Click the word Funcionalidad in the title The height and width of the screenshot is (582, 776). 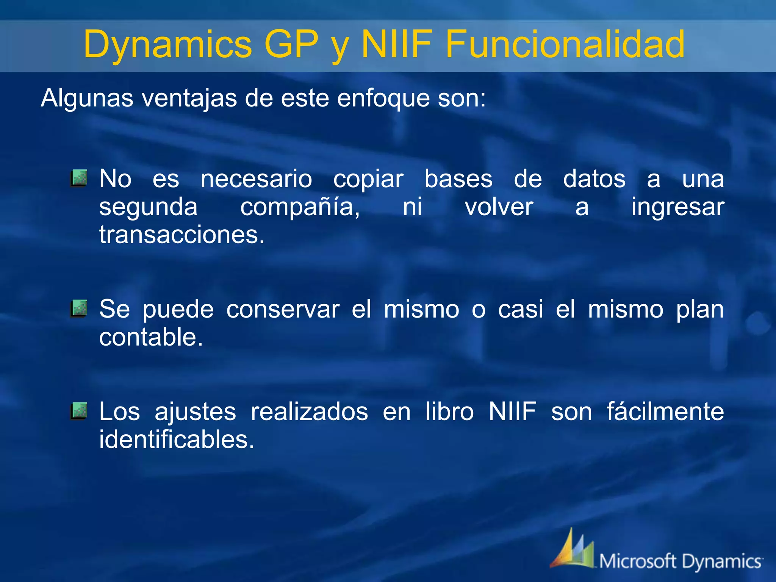[565, 44]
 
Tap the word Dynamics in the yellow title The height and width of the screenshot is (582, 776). [167, 44]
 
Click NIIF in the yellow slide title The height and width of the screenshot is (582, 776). [396, 44]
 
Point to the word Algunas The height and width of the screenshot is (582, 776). [87, 98]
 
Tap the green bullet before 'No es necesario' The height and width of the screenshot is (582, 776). [79, 178]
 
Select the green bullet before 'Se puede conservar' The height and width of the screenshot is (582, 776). [79, 308]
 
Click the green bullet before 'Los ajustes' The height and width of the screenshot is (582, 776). [79, 411]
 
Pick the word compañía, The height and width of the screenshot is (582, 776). [300, 207]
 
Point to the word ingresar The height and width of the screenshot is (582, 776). [677, 207]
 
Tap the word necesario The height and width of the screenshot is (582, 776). [256, 179]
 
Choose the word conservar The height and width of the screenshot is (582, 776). [283, 309]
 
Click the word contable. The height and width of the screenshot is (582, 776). [151, 337]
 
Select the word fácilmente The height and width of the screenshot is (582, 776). [665, 412]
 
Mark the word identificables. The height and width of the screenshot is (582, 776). [177, 440]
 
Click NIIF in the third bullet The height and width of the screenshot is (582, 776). [512, 411]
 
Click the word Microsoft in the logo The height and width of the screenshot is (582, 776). [637, 561]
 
